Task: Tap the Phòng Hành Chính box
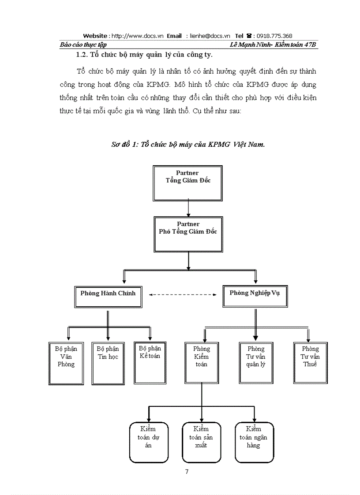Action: pos(108,297)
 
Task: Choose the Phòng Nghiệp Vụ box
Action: pos(255,296)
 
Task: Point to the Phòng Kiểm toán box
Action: pos(202,361)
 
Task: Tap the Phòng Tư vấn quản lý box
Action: pos(256,361)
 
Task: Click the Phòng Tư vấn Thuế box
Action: pos(310,361)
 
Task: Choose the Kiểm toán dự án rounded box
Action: pos(148,442)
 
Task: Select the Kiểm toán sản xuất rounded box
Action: pos(201,442)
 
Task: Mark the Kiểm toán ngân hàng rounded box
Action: pos(254,442)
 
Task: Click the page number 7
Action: pos(187,472)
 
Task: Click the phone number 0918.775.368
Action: pos(274,36)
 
